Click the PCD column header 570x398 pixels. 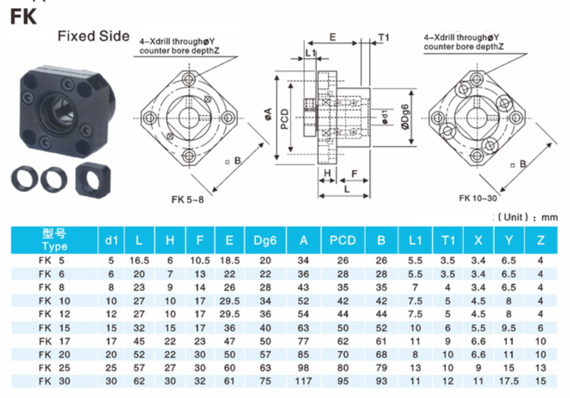[x=342, y=240]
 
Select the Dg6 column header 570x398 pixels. [x=265, y=240]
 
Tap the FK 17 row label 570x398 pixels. [x=55, y=341]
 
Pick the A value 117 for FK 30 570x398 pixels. [x=303, y=381]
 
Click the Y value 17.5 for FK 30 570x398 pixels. [x=509, y=381]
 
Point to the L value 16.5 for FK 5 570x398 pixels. [x=139, y=261]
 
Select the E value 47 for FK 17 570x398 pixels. [x=229, y=341]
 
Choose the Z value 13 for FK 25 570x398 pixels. [x=540, y=368]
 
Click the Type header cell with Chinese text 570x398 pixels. [x=55, y=240]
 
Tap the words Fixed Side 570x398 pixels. [x=94, y=36]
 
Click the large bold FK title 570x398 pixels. [x=23, y=16]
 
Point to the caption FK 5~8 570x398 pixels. [x=188, y=200]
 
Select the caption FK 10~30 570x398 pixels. [x=478, y=198]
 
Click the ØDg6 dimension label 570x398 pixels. [x=405, y=117]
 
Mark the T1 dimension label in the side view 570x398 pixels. [x=384, y=37]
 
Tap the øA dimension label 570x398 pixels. [x=268, y=114]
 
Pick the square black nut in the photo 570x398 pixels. [x=93, y=181]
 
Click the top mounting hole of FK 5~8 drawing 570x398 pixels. [x=189, y=79]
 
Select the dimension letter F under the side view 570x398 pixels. [x=355, y=174]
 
